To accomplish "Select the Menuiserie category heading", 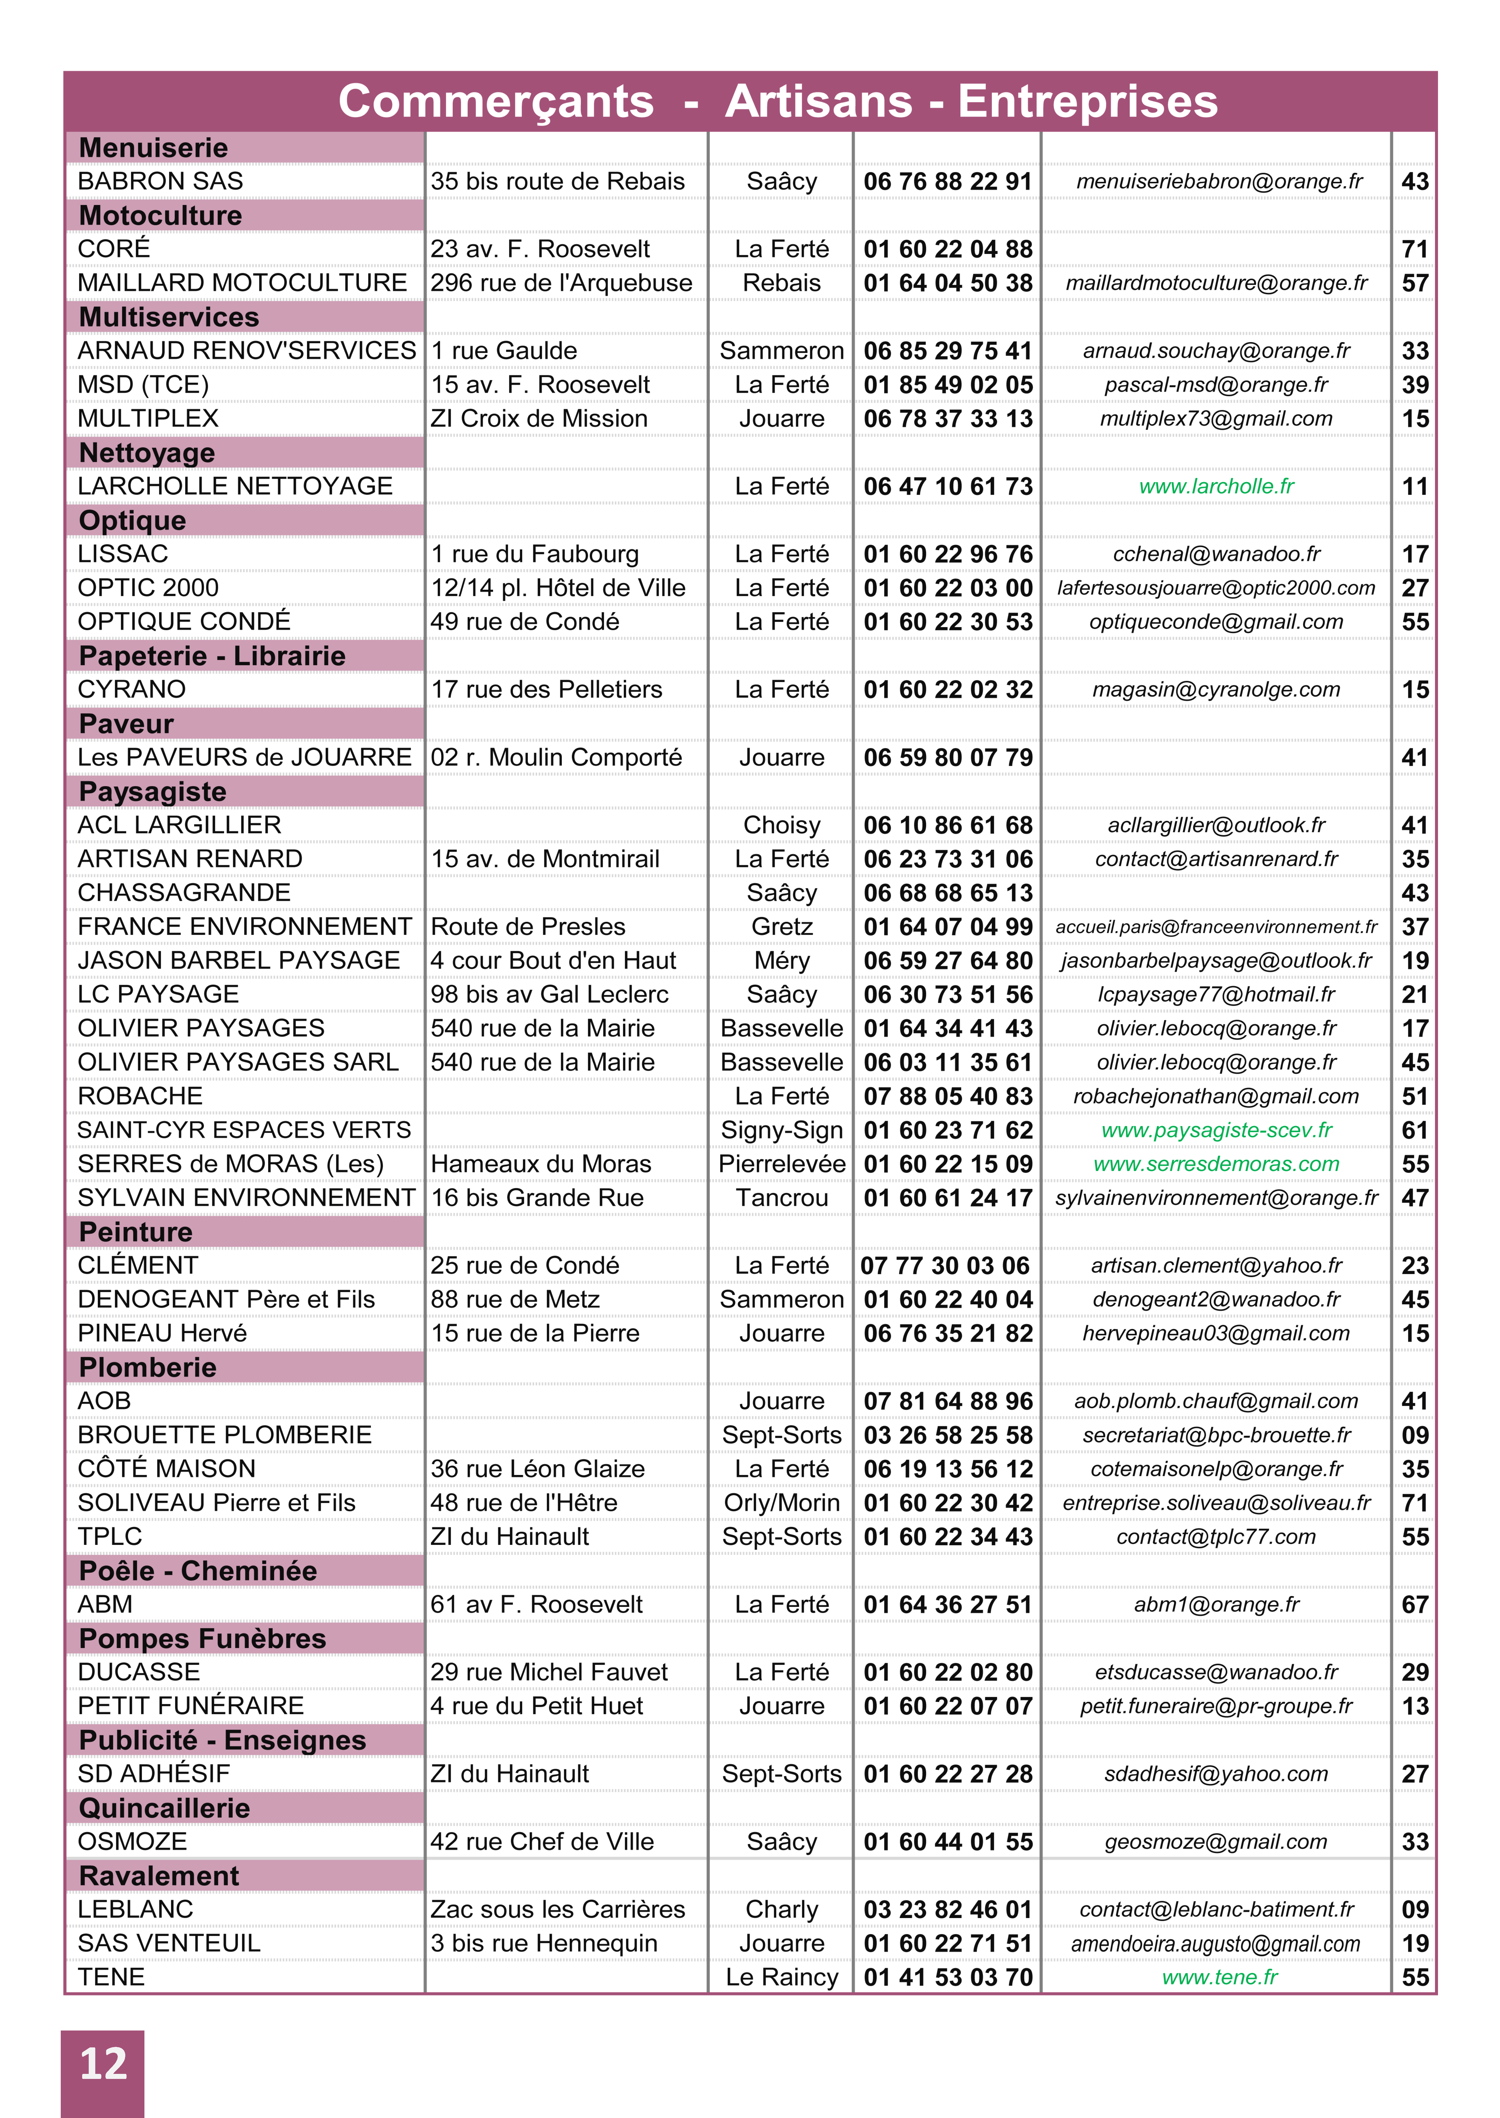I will (153, 148).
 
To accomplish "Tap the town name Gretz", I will (781, 927).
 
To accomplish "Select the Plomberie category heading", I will (148, 1368).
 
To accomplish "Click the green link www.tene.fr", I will (1219, 1978).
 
